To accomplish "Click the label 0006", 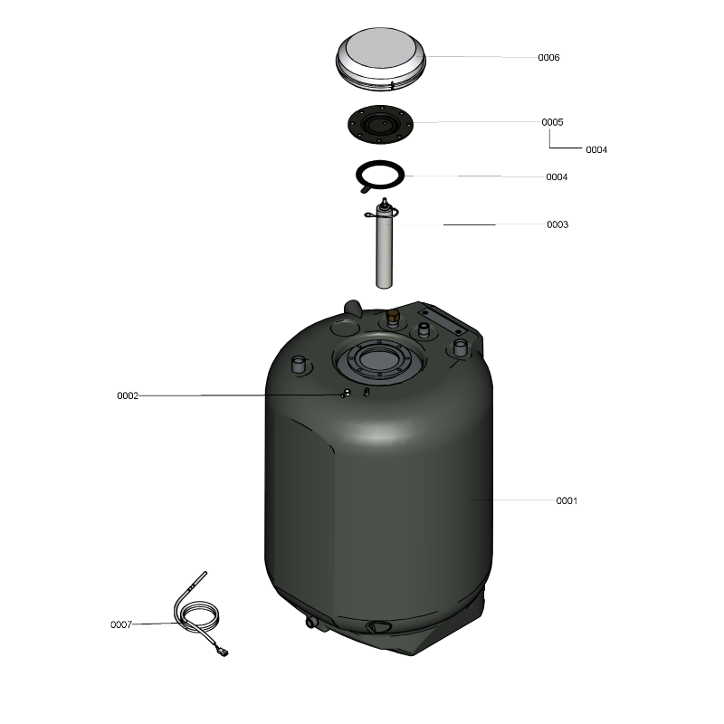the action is click(548, 58).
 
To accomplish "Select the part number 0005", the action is click(552, 122).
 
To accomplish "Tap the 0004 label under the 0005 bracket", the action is click(596, 150).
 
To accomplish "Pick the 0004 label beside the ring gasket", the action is click(557, 177).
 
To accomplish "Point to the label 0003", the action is click(557, 224).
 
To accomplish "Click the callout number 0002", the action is click(128, 396).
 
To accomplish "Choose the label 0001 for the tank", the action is click(567, 501).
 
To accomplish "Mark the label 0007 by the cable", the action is click(121, 624).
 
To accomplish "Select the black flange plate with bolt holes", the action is click(380, 124).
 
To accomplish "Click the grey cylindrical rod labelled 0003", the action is click(384, 250).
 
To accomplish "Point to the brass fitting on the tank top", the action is click(393, 317).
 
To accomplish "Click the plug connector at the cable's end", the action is click(223, 652).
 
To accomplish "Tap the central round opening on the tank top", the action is click(378, 359).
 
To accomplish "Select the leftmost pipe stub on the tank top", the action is click(300, 365).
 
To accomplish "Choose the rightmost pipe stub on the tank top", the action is click(461, 348).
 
